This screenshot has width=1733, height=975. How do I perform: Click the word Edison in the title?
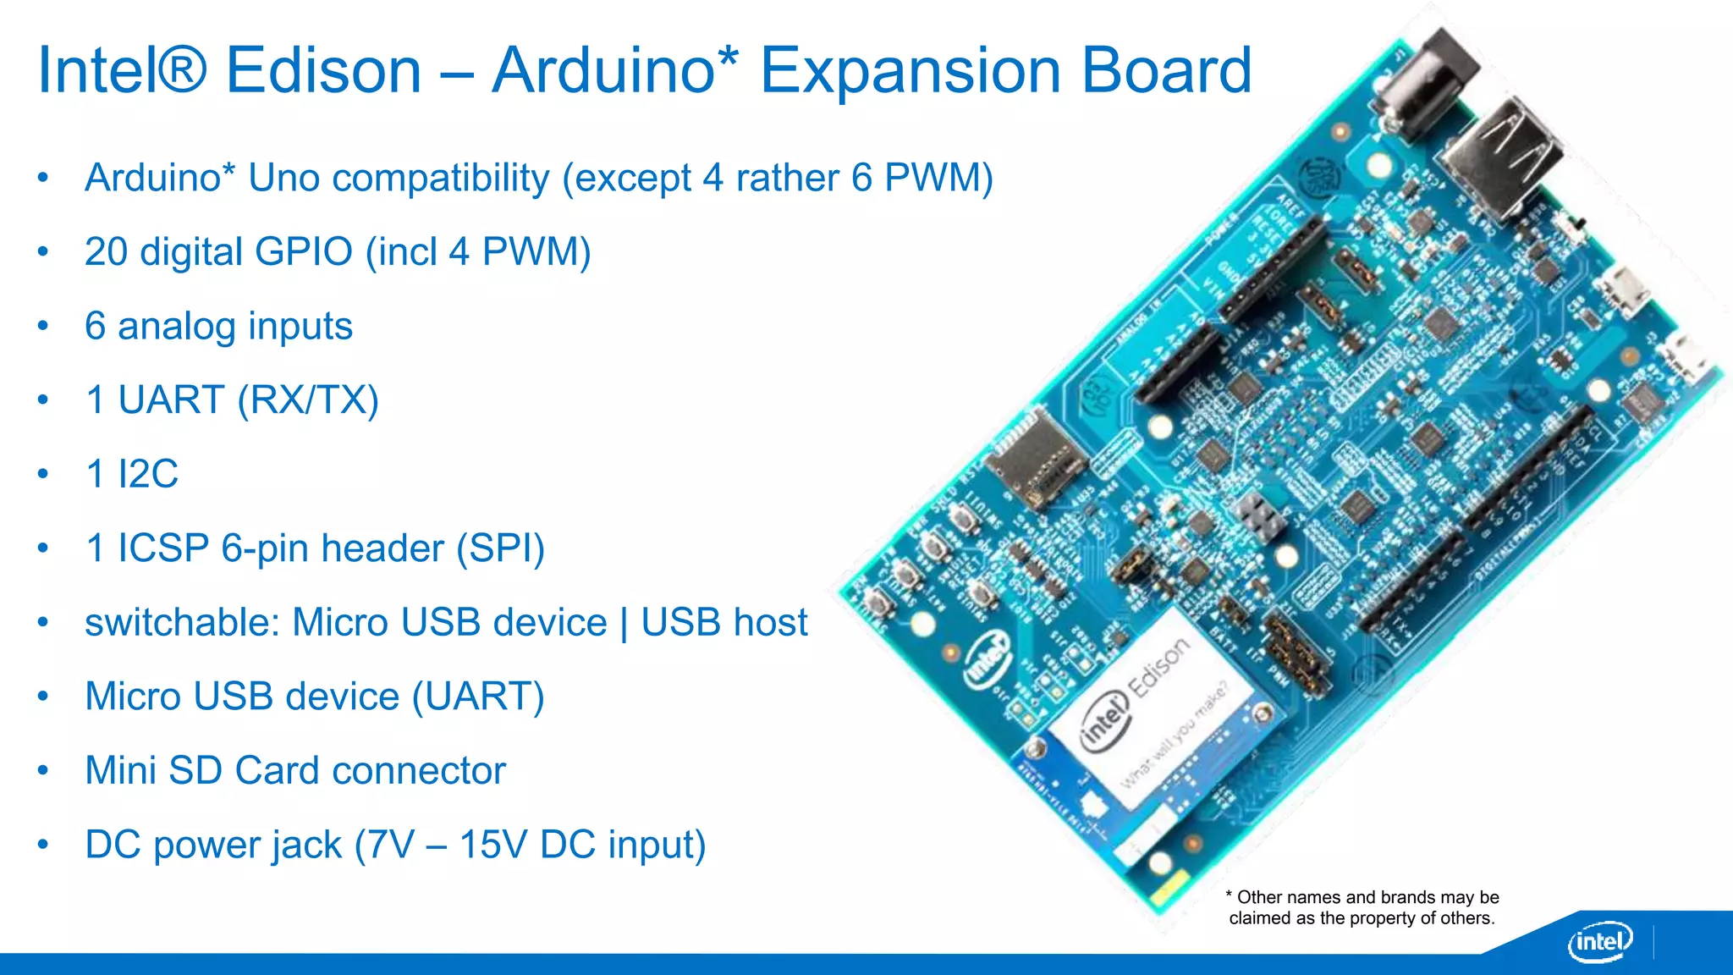(x=323, y=71)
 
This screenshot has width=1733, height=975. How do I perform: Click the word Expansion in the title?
(x=910, y=71)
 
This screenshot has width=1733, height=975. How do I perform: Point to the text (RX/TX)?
(x=308, y=400)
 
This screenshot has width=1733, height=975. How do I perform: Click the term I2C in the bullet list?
(x=148, y=474)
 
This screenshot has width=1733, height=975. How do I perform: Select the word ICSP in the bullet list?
(x=162, y=548)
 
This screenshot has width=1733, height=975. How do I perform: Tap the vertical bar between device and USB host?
(x=624, y=623)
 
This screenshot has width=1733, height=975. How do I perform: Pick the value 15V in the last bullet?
(x=492, y=845)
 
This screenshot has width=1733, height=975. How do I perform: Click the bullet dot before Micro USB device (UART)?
(x=43, y=697)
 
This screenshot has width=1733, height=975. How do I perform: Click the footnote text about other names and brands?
(x=1362, y=907)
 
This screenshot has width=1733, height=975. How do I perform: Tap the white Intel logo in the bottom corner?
(x=1599, y=941)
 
